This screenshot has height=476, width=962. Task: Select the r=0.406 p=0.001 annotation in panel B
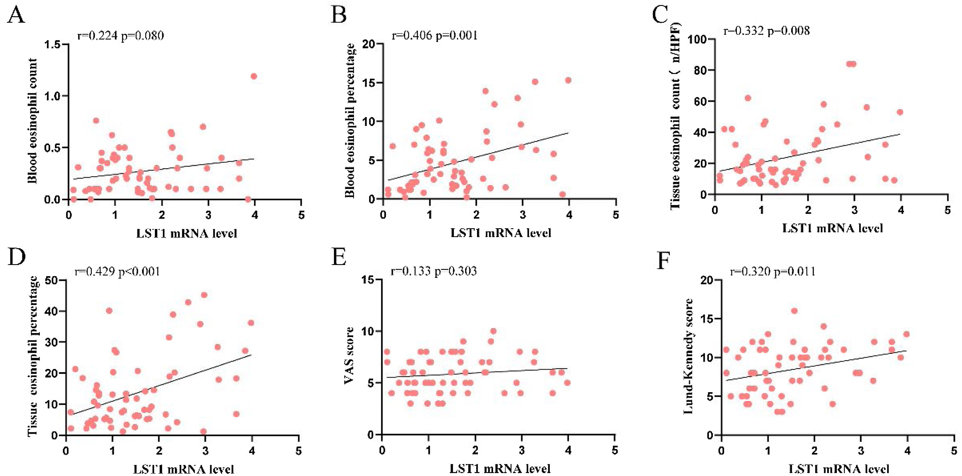(x=434, y=35)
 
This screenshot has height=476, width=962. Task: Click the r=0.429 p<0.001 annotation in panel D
(x=117, y=271)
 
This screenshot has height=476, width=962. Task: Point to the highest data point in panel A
(x=254, y=76)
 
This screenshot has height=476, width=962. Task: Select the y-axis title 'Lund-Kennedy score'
(x=688, y=356)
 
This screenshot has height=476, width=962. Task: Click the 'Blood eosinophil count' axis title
(x=33, y=121)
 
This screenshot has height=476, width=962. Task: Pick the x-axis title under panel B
(x=501, y=233)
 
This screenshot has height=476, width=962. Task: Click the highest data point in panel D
(x=204, y=295)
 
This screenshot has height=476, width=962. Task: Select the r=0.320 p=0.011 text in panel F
(x=773, y=271)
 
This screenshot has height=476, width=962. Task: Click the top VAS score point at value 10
(x=493, y=331)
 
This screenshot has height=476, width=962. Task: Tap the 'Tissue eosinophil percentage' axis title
(x=33, y=356)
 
